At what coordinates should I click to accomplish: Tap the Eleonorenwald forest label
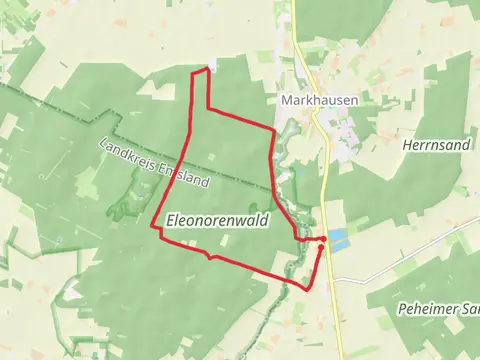tap(218, 221)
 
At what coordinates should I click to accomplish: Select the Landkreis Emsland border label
tap(154, 163)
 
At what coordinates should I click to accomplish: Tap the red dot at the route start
tap(323, 240)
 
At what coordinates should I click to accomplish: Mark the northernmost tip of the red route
tap(208, 69)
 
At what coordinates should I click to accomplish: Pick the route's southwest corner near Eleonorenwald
tap(154, 228)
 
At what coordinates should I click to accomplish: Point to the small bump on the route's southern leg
tap(210, 256)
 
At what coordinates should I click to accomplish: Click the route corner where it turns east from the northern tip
tap(207, 107)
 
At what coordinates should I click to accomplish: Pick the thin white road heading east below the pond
tap(400, 267)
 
